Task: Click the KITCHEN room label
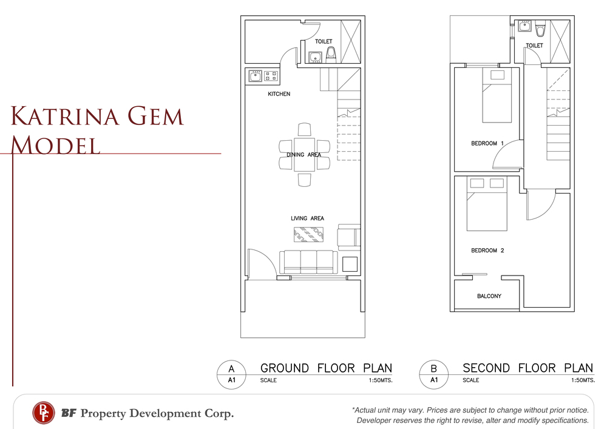[x=279, y=94]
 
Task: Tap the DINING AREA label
[x=304, y=155]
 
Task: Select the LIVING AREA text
[x=307, y=218]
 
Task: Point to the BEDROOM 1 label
[x=487, y=144]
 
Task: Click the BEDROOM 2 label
[x=487, y=250]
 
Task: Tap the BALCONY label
[x=489, y=296]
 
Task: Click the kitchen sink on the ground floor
[x=255, y=76]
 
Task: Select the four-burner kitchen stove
[x=271, y=76]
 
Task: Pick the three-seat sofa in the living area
[x=308, y=262]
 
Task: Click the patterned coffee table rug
[x=308, y=234]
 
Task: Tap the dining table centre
[x=304, y=155]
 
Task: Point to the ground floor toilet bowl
[x=331, y=55]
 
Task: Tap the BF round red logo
[x=43, y=413]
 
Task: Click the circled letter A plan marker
[x=231, y=374]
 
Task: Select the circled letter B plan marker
[x=434, y=374]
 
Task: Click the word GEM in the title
[x=154, y=116]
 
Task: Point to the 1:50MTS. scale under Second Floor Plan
[x=583, y=380]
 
